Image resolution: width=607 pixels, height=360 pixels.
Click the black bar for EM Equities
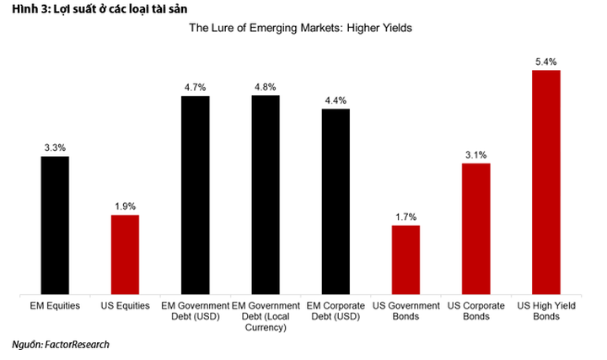click(55, 225)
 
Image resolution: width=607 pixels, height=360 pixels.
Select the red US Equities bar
click(125, 255)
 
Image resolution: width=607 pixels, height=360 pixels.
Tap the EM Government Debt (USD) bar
click(196, 196)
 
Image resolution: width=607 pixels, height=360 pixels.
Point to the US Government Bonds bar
click(406, 260)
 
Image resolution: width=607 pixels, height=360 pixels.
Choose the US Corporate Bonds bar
click(476, 228)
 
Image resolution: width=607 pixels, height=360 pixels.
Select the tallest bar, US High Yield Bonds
click(546, 182)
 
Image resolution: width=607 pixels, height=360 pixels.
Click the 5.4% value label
click(546, 62)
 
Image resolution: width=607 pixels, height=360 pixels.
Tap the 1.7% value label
click(406, 217)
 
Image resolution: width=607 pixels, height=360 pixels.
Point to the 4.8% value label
click(266, 86)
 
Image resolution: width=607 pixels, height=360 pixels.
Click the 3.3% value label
click(55, 148)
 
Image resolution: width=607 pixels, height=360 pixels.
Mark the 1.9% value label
click(125, 206)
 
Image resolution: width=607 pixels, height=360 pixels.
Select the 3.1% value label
click(476, 154)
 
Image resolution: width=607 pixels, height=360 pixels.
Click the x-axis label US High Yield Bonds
click(546, 310)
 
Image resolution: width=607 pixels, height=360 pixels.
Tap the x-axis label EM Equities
click(55, 305)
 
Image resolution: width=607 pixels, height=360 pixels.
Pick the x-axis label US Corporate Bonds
click(476, 310)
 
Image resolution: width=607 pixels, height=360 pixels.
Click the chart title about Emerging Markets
click(300, 28)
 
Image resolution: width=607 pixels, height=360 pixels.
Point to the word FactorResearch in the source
click(75, 344)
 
